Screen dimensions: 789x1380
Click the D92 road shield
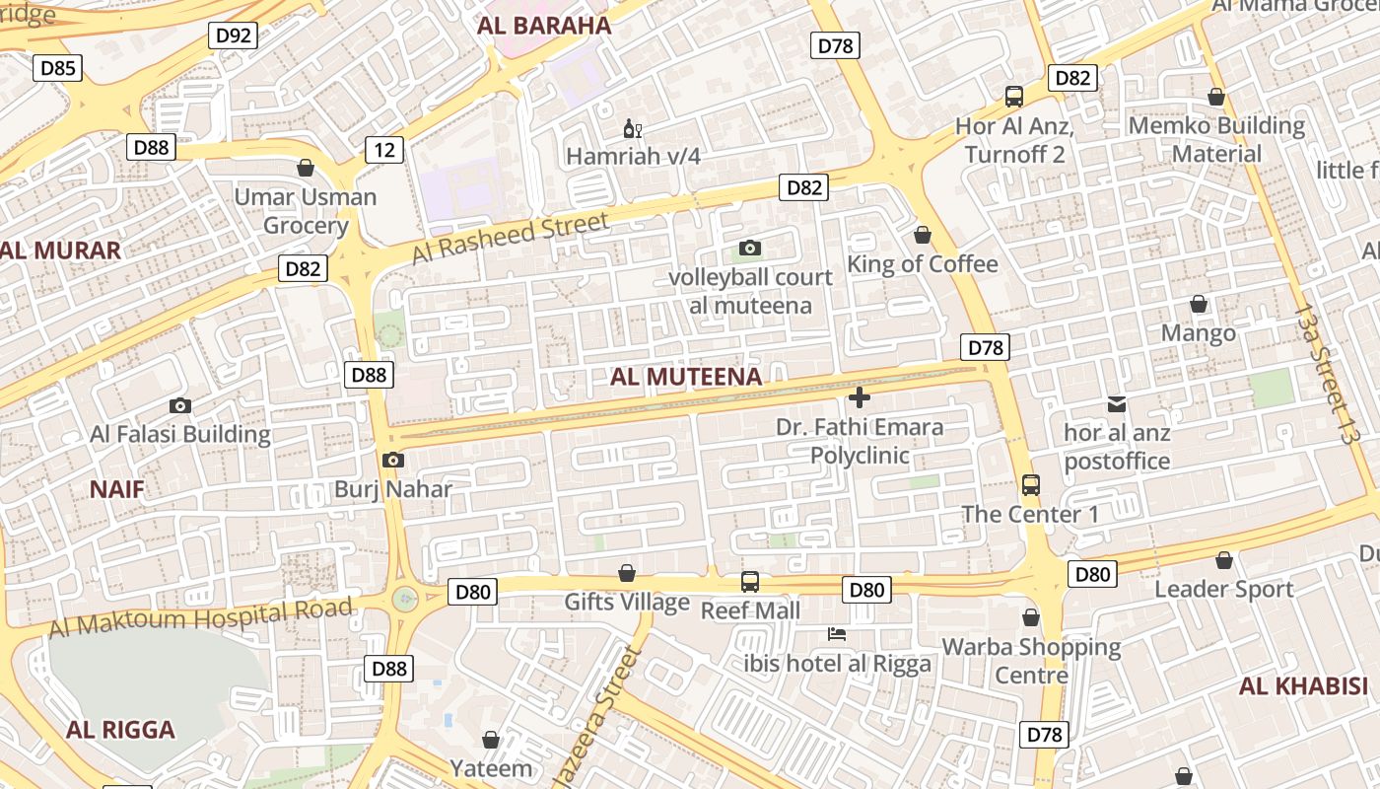tap(234, 36)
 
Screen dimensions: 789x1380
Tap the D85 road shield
tap(58, 68)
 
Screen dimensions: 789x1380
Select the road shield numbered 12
tap(384, 150)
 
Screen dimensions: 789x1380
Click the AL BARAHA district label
tap(544, 26)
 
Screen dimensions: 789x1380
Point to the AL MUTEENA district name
tap(686, 377)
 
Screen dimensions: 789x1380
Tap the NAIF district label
tap(117, 489)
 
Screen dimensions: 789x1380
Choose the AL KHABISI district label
tap(1304, 686)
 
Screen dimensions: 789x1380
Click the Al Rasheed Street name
tap(510, 239)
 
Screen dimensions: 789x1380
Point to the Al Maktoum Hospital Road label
tap(200, 617)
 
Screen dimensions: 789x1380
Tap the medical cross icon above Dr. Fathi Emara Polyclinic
tap(860, 397)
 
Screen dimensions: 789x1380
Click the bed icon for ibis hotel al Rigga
tap(837, 634)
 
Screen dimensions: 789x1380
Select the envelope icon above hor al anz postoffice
tap(1117, 403)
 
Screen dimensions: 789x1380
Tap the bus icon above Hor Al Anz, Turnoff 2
tap(1014, 97)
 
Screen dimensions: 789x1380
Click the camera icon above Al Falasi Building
tap(179, 405)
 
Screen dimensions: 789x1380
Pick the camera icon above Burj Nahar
tap(392, 461)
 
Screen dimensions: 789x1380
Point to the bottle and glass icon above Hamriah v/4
tap(632, 128)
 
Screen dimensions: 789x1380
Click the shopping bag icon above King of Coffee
tap(923, 235)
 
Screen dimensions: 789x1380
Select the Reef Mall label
tap(750, 610)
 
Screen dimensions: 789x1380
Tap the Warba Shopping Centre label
tap(1031, 661)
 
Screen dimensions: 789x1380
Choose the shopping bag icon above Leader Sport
tap(1223, 560)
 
